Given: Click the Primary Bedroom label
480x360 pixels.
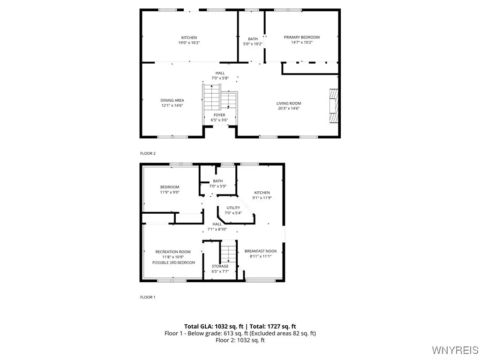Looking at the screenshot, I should tap(301, 37).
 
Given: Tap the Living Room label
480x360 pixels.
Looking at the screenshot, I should tap(288, 103).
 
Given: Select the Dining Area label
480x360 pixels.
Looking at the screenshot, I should tap(172, 100).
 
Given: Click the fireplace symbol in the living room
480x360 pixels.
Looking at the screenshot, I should tap(333, 106).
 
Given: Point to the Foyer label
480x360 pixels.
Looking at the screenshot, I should tap(219, 115).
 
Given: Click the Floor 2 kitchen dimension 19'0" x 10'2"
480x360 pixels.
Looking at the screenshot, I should tap(189, 43).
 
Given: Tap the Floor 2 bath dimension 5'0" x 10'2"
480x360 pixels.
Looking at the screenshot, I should tap(253, 44).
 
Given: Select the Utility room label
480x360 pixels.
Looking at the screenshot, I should tap(233, 208).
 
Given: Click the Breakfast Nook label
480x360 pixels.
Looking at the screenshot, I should tap(261, 251).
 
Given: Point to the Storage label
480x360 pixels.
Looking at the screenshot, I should tap(220, 266).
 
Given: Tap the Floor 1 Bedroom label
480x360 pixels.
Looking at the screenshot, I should tap(170, 187).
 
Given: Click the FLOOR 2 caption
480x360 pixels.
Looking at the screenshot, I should tap(148, 153).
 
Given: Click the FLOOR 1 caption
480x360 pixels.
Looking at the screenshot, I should tap(148, 297).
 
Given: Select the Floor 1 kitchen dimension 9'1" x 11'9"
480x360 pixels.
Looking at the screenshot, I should tap(262, 198).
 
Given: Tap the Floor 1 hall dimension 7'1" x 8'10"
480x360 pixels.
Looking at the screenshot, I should tap(217, 229).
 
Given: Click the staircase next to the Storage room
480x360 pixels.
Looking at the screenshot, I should tap(228, 253).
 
